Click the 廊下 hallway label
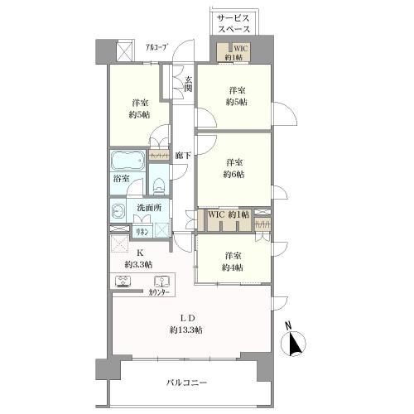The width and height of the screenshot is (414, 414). [183, 155]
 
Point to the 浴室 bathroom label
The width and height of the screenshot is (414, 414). [121, 177]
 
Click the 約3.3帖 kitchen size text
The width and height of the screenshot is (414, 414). [138, 264]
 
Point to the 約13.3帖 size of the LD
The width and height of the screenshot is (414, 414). [189, 330]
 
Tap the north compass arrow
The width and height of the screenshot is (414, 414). [293, 342]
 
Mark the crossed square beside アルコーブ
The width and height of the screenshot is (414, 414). [123, 51]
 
